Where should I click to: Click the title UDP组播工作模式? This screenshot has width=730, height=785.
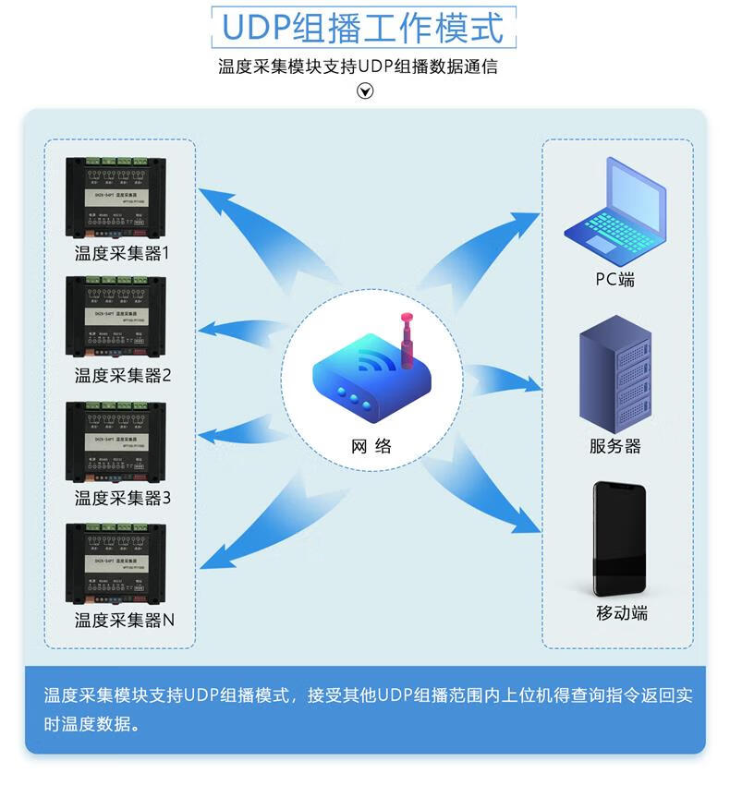[x=364, y=29]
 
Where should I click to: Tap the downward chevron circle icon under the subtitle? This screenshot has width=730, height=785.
[x=366, y=91]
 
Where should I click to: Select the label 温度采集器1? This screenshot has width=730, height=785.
[x=122, y=252]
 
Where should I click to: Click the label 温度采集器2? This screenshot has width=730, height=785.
[x=122, y=376]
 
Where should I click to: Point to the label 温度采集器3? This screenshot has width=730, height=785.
[x=122, y=498]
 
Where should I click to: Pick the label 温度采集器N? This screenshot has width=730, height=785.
[x=124, y=620]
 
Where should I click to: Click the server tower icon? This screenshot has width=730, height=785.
[x=614, y=369]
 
